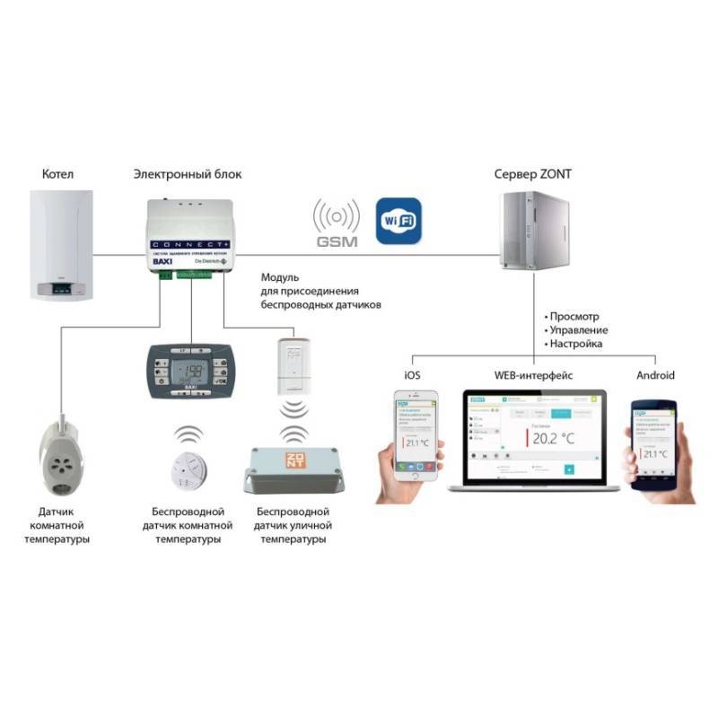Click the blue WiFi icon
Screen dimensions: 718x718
click(x=398, y=220)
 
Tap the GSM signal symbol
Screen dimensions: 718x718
click(x=336, y=224)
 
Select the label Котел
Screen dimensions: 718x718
click(x=57, y=172)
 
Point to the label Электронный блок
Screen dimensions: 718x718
click(x=187, y=172)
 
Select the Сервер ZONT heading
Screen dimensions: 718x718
click(x=535, y=172)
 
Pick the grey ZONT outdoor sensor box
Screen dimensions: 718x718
click(x=293, y=470)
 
